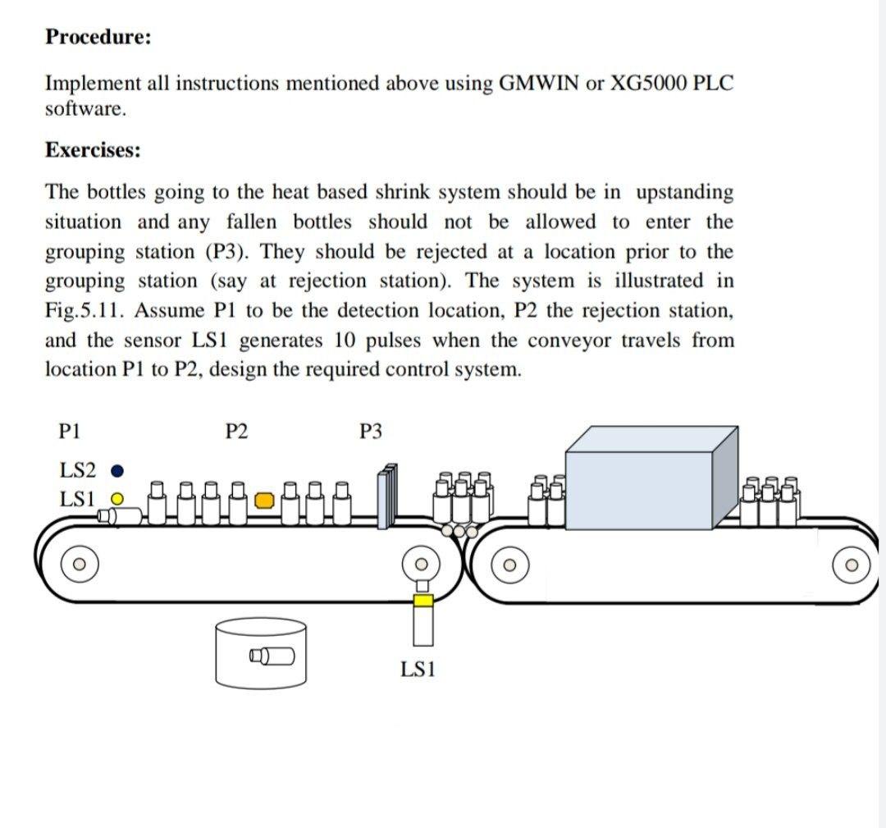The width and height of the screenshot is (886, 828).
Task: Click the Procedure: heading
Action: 98,37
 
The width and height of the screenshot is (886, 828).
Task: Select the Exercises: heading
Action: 93,150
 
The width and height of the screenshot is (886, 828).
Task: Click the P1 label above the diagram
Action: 71,430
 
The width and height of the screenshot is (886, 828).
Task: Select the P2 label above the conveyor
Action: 236,430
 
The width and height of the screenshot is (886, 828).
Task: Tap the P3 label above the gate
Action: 371,430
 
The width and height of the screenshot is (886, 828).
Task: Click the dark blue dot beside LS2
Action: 117,471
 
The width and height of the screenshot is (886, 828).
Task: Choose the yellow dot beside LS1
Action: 117,498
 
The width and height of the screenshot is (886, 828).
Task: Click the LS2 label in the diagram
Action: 78,470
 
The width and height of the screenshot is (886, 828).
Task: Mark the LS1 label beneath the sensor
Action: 418,670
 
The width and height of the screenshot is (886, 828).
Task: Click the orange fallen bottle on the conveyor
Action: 263,500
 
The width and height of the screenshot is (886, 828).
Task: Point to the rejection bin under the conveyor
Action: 261,652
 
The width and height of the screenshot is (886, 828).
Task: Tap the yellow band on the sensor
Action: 422,601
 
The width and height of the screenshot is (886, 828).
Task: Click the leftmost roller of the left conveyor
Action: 79,565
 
